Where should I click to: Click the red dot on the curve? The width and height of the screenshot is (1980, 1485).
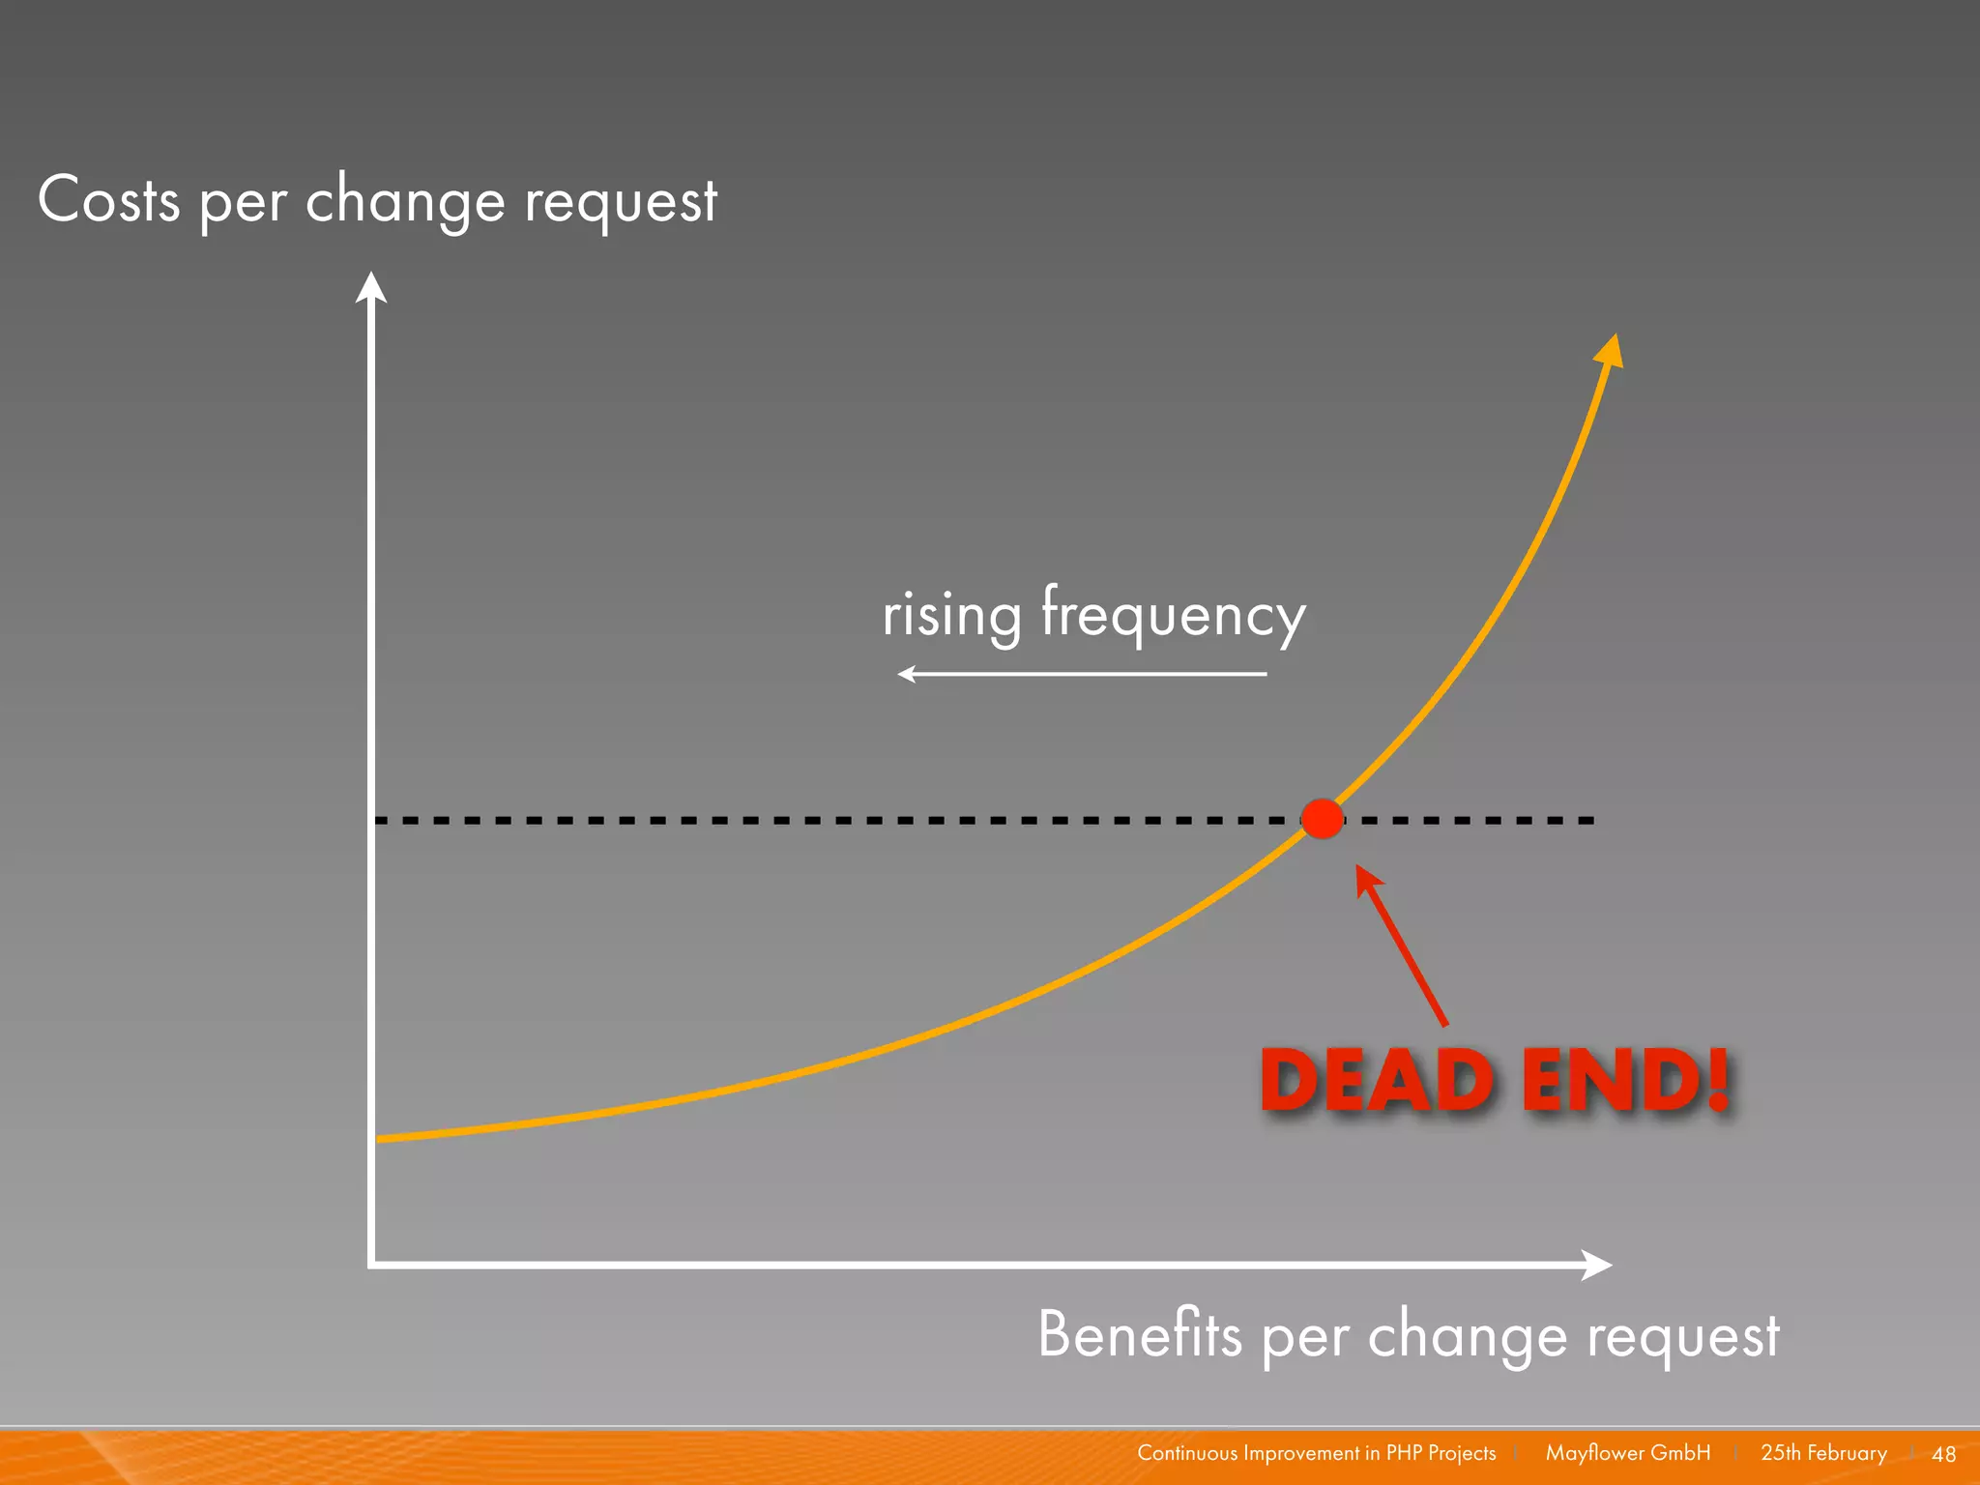[1322, 819]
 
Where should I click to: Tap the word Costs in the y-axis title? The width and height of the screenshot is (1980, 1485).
[108, 200]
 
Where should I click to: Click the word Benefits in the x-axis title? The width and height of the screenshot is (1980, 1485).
[1139, 1334]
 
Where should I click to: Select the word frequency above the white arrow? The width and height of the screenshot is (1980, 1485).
[1173, 616]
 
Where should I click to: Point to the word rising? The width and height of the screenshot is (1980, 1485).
[951, 616]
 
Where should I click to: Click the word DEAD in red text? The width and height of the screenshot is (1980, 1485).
[1377, 1080]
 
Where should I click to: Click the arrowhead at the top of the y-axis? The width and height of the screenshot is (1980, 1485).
[371, 287]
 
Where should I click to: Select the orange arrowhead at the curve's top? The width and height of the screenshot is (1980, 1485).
[1609, 350]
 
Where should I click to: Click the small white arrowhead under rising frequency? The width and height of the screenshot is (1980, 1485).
[906, 674]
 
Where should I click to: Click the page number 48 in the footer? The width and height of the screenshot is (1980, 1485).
[1943, 1454]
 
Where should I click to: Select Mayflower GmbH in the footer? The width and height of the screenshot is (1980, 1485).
[1627, 1453]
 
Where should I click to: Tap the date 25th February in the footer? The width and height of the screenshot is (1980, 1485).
[1823, 1453]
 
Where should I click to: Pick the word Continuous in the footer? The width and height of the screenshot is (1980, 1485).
[1186, 1453]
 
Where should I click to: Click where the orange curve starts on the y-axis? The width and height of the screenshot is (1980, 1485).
[378, 1139]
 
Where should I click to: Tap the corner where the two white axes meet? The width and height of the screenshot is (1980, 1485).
[371, 1264]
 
